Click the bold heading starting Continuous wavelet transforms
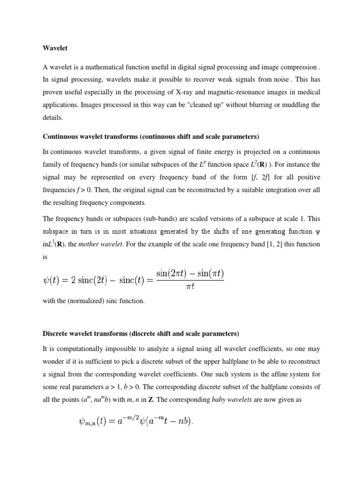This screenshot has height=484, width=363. pyautogui.click(x=151, y=137)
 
